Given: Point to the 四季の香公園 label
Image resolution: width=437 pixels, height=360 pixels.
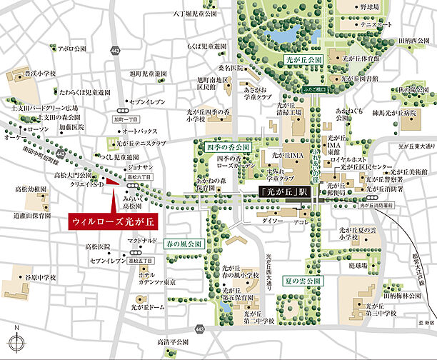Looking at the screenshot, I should point(228,146).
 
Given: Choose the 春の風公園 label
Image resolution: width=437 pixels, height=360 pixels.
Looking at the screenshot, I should point(185,244).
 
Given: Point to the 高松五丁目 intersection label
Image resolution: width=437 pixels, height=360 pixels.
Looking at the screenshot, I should point(144,262).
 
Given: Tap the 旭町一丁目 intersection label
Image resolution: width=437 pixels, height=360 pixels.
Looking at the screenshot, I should point(129,120).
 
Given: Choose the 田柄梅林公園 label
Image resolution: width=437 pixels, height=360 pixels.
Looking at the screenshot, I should point(406,294).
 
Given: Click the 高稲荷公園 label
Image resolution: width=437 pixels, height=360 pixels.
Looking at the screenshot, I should point(172,343).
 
